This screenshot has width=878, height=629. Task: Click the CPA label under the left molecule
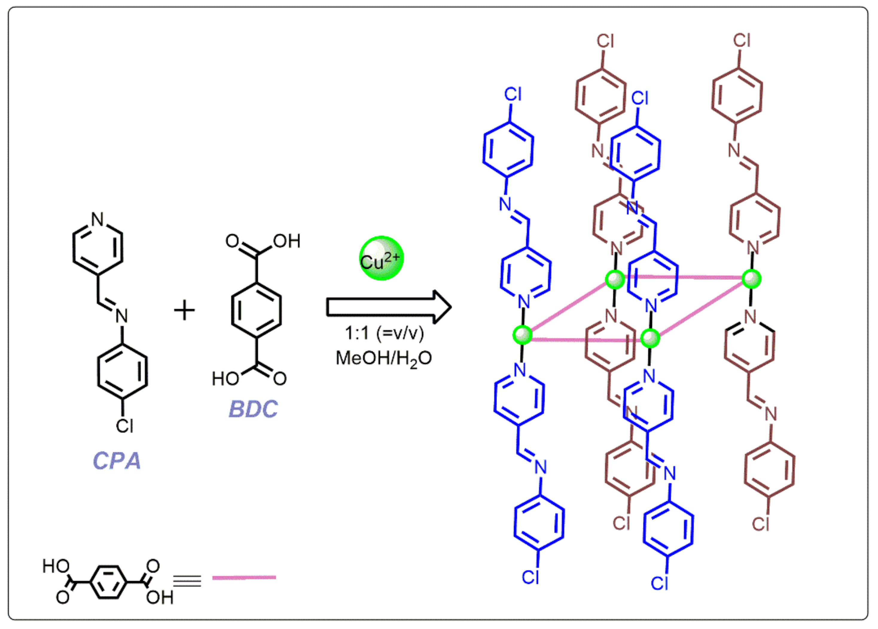(x=117, y=461)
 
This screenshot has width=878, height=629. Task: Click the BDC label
(x=253, y=409)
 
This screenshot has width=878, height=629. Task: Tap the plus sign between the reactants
(x=184, y=310)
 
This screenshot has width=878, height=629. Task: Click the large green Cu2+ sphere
(x=381, y=258)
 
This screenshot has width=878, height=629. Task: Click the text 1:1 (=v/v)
(x=384, y=333)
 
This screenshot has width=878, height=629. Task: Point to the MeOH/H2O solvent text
(x=384, y=358)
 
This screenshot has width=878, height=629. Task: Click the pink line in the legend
(x=244, y=578)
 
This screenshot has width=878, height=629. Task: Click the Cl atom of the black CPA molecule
(x=125, y=426)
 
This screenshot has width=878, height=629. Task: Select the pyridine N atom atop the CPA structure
(x=97, y=219)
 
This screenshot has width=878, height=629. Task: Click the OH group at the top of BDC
(x=287, y=241)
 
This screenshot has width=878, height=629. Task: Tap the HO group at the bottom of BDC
(x=225, y=378)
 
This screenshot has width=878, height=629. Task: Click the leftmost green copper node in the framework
(x=522, y=335)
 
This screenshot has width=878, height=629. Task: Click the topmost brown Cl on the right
(x=742, y=40)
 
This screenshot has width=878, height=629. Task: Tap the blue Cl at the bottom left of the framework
(x=531, y=578)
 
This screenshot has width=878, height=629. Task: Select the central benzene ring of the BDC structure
(x=256, y=310)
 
